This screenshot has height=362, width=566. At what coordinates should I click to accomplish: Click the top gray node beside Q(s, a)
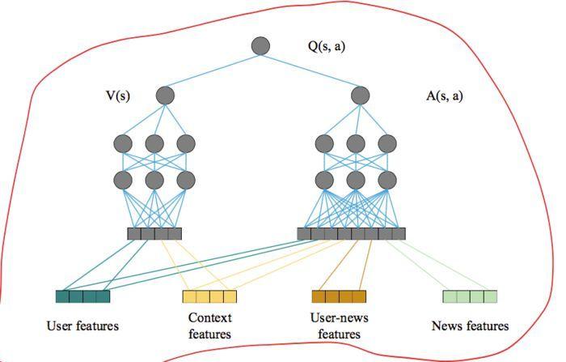click(260, 46)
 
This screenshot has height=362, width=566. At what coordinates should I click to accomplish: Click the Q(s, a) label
click(327, 46)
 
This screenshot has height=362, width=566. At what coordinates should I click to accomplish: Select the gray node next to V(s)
click(165, 95)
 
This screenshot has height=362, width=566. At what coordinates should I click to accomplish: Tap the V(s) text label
click(118, 96)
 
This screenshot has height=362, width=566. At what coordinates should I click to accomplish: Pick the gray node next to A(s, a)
click(361, 95)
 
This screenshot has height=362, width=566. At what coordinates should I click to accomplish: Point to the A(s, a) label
click(445, 96)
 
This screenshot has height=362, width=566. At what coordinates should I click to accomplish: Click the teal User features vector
click(82, 296)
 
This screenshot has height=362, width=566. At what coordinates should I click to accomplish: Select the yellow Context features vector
click(209, 296)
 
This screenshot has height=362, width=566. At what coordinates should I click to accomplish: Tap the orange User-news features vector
click(339, 296)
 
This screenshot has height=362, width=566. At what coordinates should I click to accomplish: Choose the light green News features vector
click(470, 296)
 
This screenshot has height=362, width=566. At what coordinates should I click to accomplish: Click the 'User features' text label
click(82, 326)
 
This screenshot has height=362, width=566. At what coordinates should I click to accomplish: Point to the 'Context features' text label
click(209, 326)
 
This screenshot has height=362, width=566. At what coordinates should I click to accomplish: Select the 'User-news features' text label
click(340, 326)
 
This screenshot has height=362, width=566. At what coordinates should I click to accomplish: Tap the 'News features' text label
click(470, 326)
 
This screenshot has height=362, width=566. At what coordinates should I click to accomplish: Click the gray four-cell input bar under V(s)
click(154, 233)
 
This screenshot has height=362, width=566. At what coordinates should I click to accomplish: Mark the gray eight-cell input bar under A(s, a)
click(351, 233)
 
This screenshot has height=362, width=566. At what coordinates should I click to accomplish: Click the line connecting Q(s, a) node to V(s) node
click(213, 70)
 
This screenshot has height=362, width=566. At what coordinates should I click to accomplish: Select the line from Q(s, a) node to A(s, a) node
click(310, 70)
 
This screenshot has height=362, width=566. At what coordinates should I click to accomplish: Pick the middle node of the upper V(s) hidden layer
click(154, 143)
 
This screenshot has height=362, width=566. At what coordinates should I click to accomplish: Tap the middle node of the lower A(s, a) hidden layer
click(356, 180)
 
